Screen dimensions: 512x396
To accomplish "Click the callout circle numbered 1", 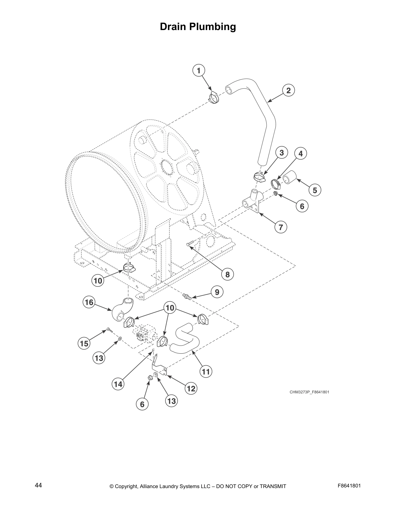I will tap(199, 70).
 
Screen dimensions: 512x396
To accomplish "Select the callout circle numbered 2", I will tap(288, 91).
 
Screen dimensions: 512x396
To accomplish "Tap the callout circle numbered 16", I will tap(89, 303).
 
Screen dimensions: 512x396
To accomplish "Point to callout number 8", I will tap(227, 274).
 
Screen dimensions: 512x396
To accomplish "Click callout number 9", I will tap(217, 292).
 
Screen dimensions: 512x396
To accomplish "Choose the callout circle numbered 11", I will tap(206, 372).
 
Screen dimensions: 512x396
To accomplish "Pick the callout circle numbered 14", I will tap(118, 384).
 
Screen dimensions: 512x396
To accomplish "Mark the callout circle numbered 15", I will tap(84, 344).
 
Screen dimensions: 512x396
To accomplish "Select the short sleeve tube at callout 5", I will tap(290, 177).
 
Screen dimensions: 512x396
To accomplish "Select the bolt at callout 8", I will tap(190, 243).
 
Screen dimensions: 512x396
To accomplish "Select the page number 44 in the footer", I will tap(38, 485).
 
